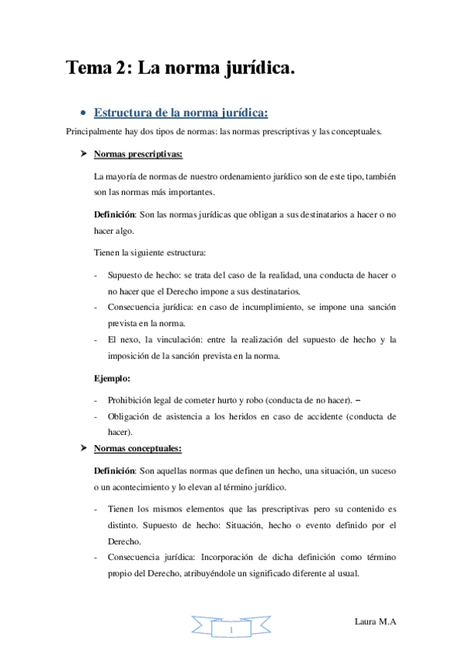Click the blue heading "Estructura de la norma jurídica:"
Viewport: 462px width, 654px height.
click(180, 113)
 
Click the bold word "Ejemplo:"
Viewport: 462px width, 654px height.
click(112, 379)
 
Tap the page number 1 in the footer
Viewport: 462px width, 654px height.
click(231, 630)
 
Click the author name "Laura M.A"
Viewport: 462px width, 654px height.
click(376, 621)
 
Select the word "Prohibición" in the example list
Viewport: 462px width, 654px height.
click(132, 400)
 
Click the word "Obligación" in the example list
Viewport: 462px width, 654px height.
click(130, 416)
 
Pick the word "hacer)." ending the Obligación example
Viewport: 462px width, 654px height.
click(122, 432)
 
